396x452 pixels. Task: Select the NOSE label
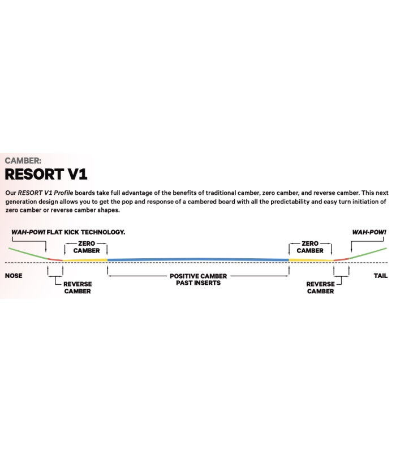(14, 276)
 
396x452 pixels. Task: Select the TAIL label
(380, 276)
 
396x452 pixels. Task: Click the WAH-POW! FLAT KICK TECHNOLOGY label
(68, 232)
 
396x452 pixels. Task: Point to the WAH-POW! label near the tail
(369, 232)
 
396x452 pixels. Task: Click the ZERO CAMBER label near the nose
(87, 247)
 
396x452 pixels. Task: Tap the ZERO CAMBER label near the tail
(310, 247)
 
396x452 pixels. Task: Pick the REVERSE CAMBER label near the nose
(78, 288)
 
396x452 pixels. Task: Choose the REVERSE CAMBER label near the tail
(320, 288)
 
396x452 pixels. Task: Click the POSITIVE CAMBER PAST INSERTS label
(199, 279)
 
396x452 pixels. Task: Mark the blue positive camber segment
(198, 259)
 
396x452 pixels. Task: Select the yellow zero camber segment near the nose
(85, 260)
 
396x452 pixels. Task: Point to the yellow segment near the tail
(311, 260)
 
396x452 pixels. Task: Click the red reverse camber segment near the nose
(55, 259)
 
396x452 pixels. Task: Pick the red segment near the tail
(341, 259)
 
